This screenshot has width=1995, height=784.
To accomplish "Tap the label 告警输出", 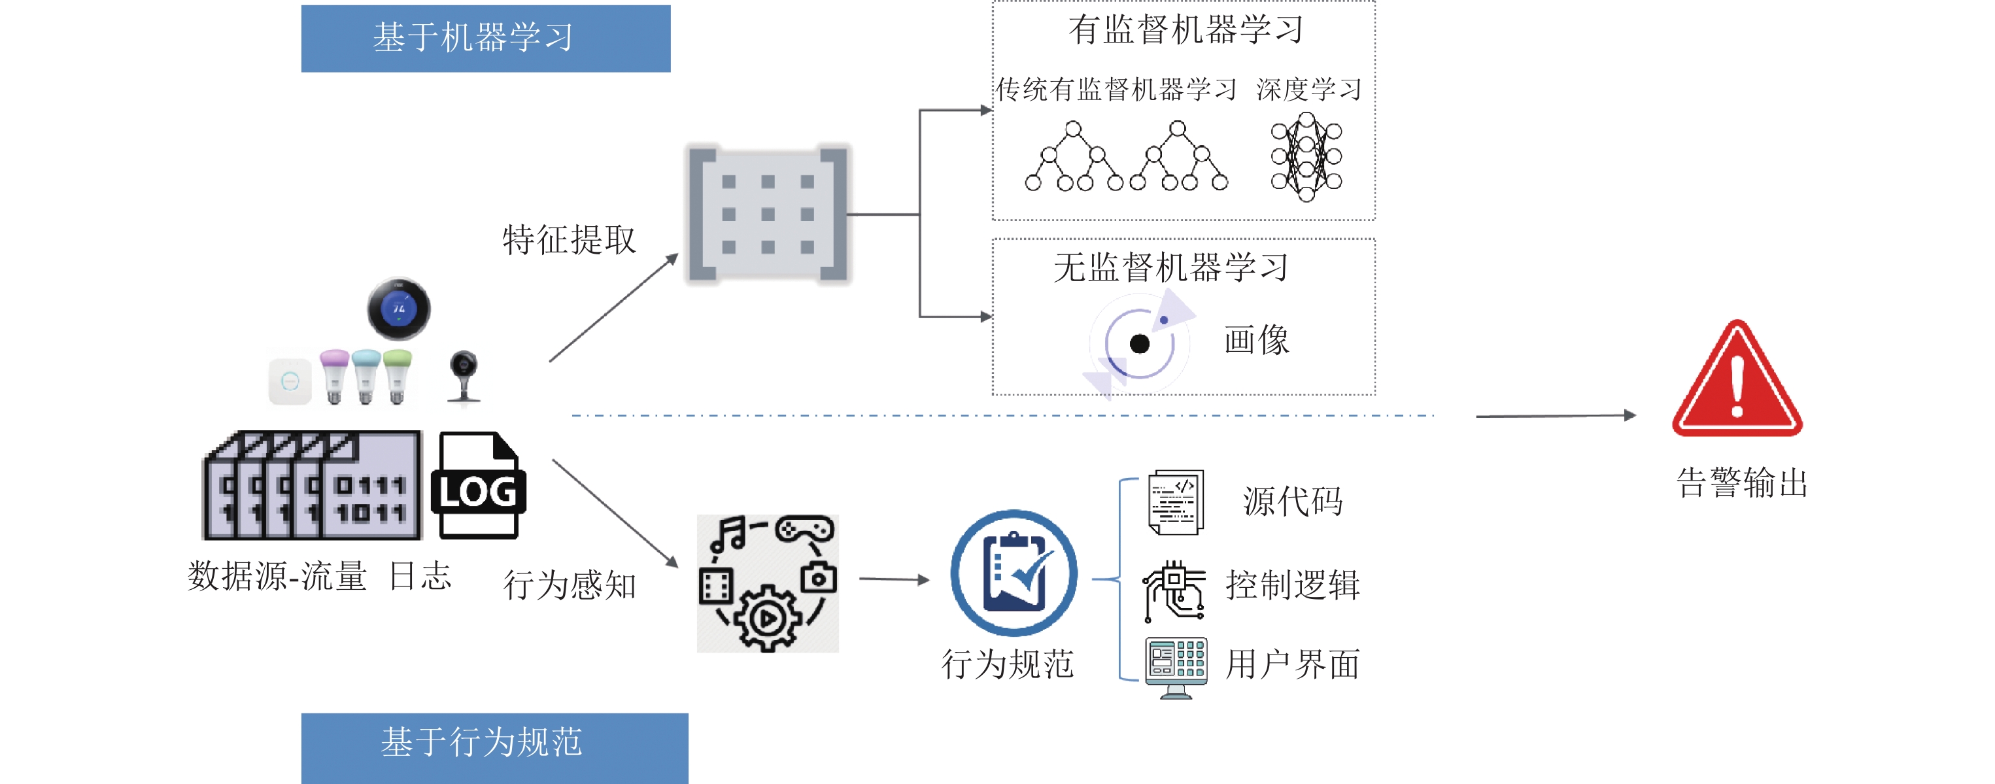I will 1742,483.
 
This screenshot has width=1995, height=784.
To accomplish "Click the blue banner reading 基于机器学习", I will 486,38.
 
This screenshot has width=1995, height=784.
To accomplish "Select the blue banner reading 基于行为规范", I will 494,745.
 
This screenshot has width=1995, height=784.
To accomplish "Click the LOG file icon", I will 478,486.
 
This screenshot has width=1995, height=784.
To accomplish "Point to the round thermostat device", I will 398,309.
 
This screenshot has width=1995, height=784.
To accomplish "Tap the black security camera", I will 463,376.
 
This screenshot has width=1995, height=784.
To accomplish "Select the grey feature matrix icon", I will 768,214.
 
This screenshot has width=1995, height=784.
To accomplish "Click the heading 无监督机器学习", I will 1170,267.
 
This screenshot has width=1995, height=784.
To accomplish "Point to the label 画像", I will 1256,340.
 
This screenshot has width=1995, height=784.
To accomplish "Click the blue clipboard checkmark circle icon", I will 1013,573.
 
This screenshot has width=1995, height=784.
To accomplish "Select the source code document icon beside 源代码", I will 1176,502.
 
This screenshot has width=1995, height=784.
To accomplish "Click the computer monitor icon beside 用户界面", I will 1176,667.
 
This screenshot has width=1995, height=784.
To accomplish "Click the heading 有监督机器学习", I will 1185,30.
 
